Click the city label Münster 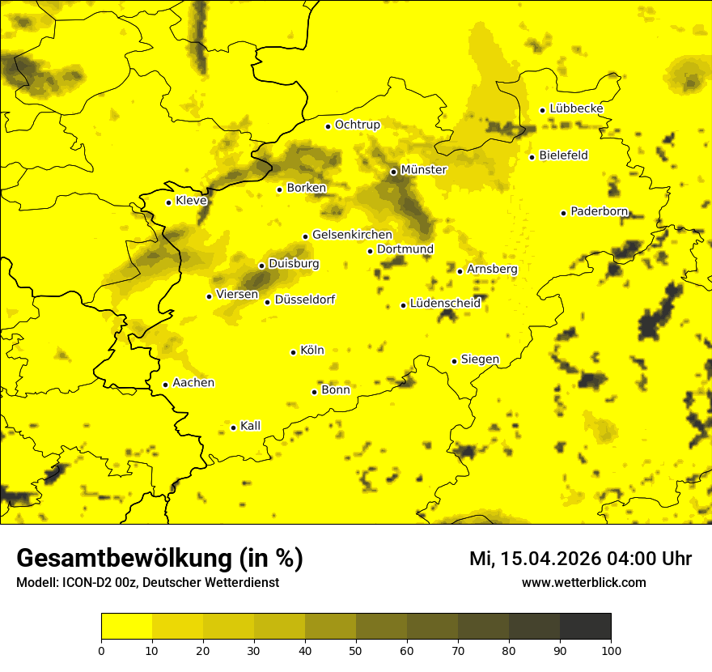tap(423, 170)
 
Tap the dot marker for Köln tap(294, 352)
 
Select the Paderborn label tap(599, 211)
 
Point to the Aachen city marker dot tap(166, 385)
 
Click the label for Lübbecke tap(576, 108)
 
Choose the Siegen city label tap(480, 359)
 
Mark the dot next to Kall tap(234, 427)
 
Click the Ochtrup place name tap(357, 125)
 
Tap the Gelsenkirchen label tap(352, 235)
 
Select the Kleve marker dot tap(169, 202)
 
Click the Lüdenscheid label tap(445, 304)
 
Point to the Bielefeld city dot tap(532, 157)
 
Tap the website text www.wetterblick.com tap(583, 583)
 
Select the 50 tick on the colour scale tap(356, 650)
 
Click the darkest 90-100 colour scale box tap(585, 626)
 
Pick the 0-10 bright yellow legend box tap(127, 626)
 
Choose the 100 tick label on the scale tap(611, 650)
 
